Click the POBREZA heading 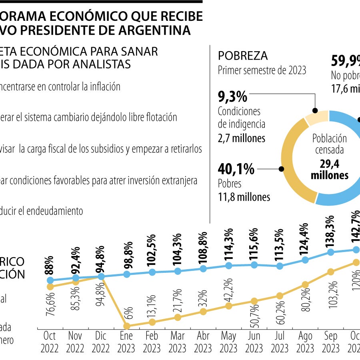[x=242, y=56]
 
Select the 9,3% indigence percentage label [x=232, y=96]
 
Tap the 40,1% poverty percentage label [x=236, y=169]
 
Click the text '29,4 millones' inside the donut [x=330, y=169]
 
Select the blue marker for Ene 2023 [x=127, y=274]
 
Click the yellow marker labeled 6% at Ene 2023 [x=127, y=327]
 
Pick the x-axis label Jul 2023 [x=280, y=342]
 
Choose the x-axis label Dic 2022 [x=101, y=342]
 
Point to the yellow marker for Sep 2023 [x=331, y=272]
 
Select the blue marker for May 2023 [x=228, y=266]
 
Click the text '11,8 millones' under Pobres [x=244, y=197]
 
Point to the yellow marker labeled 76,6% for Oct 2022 [x=50, y=286]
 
